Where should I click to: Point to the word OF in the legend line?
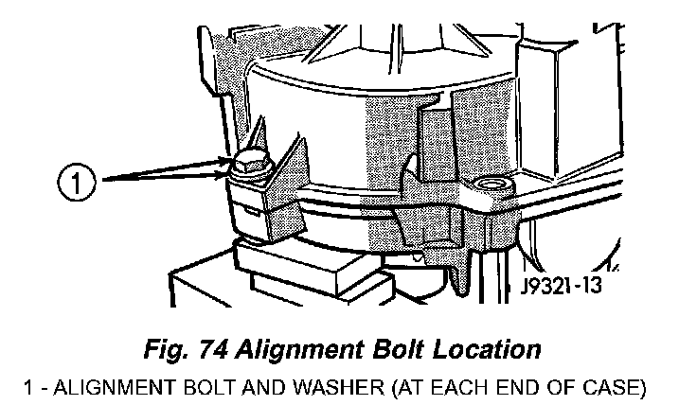(561, 385)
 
